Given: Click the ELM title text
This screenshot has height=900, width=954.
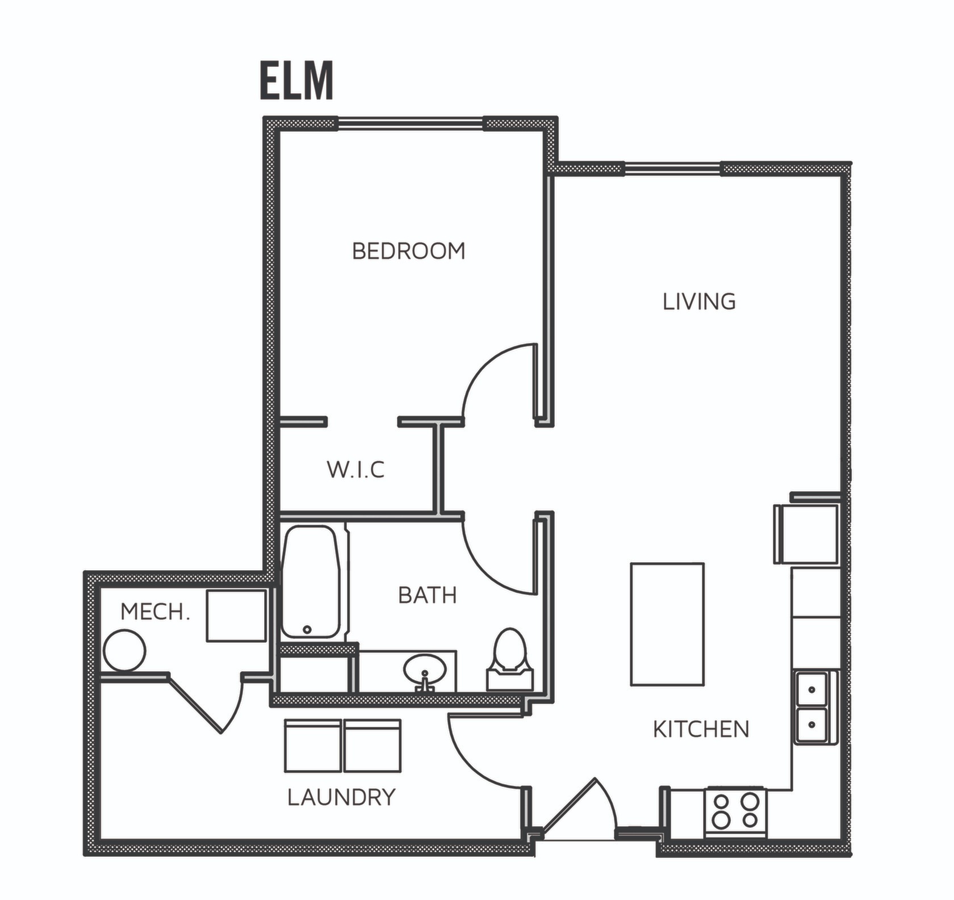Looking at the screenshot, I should tap(296, 81).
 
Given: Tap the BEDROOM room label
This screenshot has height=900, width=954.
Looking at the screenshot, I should tap(408, 251).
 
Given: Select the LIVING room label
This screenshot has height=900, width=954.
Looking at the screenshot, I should tap(699, 302).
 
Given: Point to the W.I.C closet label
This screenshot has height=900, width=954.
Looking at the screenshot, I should tap(355, 470).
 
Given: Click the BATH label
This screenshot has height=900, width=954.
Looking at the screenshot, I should tap(427, 595).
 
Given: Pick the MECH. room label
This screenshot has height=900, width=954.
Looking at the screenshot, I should tap(155, 612).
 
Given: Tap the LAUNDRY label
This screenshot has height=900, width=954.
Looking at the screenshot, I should tap(341, 798).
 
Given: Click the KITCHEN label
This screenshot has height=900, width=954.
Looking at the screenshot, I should tap(701, 729).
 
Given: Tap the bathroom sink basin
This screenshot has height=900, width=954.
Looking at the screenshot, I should tap(424, 671).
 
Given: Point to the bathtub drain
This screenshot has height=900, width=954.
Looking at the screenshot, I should tap(307, 629).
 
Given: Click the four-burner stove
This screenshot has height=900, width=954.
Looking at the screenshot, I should tap(736, 811).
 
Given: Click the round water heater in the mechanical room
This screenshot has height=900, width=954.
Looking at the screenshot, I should tap(125, 651).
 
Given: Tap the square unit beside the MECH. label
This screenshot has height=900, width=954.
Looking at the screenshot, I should tap(236, 616).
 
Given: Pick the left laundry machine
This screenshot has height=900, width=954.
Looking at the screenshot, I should tap(313, 746).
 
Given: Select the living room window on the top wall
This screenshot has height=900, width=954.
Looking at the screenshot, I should tap(672, 168).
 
